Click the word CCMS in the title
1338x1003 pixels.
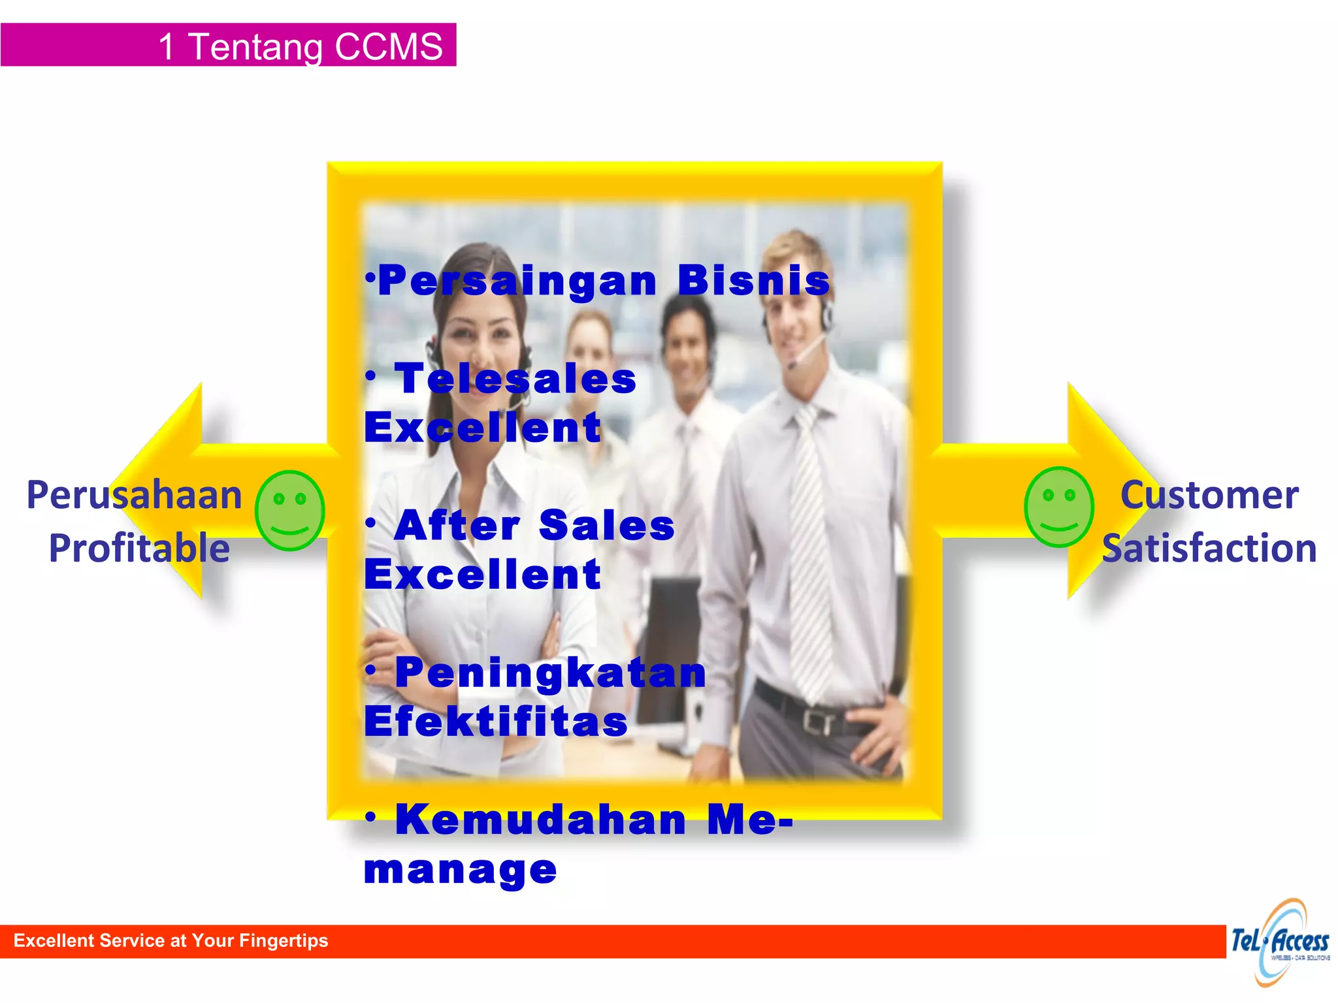tap(389, 47)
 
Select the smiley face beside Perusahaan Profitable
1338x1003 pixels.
tap(289, 510)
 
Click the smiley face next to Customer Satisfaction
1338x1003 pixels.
tap(1058, 507)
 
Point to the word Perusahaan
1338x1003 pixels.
tap(135, 495)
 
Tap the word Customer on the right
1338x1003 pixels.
tap(1209, 495)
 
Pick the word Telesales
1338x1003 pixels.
tap(515, 379)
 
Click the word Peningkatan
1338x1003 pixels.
tap(551, 673)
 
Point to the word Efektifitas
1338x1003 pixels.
tap(496, 722)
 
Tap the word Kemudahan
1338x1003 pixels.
tap(541, 820)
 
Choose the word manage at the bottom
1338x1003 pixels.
tap(461, 870)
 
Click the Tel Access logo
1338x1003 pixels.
tap(1281, 942)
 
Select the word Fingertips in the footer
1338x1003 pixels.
tap(284, 940)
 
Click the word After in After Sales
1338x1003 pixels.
tap(457, 526)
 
